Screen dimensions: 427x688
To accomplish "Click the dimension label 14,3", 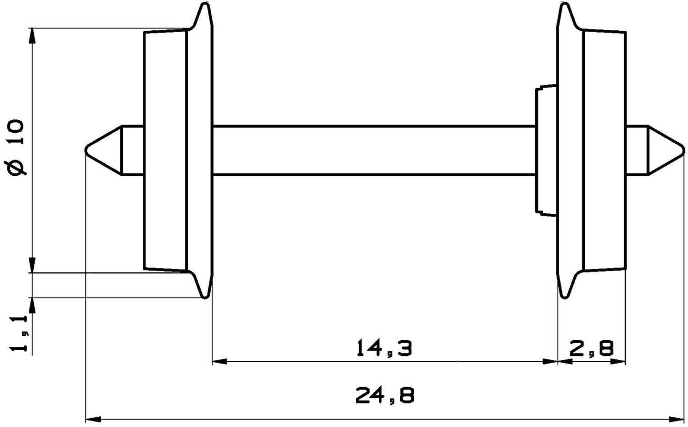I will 384,348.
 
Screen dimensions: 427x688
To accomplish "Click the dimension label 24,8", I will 384,395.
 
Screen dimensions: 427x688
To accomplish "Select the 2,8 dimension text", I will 591,349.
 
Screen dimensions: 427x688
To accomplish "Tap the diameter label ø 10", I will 17,147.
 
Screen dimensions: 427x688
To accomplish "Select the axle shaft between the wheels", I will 374,150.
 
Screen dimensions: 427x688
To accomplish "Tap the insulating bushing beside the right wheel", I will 546,150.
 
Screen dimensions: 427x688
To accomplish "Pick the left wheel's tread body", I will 166,150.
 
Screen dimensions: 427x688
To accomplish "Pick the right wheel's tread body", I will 604,150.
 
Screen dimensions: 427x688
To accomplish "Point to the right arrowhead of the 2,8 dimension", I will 619,362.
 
